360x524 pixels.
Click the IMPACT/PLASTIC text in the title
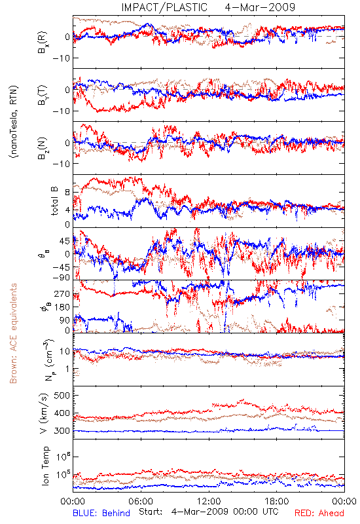pyautogui.click(x=164, y=7)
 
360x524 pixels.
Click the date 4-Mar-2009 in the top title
pyautogui.click(x=260, y=7)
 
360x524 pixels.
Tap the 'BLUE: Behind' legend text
pyautogui.click(x=101, y=513)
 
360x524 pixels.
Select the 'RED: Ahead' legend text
pyautogui.click(x=319, y=513)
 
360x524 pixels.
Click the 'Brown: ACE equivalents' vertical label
pyautogui.click(x=13, y=333)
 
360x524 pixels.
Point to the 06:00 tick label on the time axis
pyautogui.click(x=141, y=501)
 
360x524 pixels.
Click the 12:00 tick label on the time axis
pyautogui.click(x=209, y=501)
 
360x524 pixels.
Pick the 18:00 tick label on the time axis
pyautogui.click(x=277, y=501)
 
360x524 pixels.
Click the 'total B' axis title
pyautogui.click(x=54, y=201)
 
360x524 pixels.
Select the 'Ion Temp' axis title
pyautogui.click(x=45, y=466)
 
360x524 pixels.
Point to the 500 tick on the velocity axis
pyautogui.click(x=62, y=396)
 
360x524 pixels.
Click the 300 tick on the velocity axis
pyautogui.click(x=62, y=430)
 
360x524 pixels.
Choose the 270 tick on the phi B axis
pyautogui.click(x=62, y=293)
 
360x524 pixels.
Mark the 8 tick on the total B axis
pyautogui.click(x=67, y=192)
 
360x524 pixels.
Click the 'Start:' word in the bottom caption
pyautogui.click(x=151, y=512)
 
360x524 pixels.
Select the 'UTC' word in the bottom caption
pyautogui.click(x=270, y=512)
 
